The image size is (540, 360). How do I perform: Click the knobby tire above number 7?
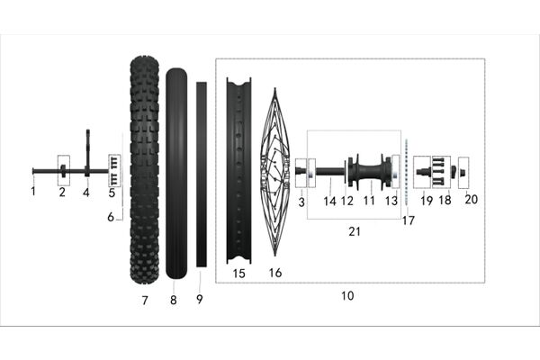(x=144, y=170)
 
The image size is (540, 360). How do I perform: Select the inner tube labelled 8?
(x=176, y=174)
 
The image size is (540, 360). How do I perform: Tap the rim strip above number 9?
(x=202, y=175)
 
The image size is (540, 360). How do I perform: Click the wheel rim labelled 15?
(x=238, y=170)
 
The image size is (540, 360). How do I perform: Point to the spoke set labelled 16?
(x=274, y=172)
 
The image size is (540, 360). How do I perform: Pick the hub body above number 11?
(x=370, y=171)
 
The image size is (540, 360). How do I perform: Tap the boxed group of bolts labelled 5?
(x=114, y=170)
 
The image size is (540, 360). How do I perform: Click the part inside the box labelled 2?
(x=63, y=171)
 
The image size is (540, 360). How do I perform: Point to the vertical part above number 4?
(x=87, y=153)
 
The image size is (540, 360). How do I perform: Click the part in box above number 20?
(x=463, y=171)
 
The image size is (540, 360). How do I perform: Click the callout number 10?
(x=347, y=295)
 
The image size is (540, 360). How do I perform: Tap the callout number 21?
(x=355, y=231)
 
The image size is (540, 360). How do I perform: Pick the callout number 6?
(x=111, y=217)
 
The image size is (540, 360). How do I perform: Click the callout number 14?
(x=329, y=202)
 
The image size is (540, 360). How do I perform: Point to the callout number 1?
(x=33, y=191)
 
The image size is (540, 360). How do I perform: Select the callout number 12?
(x=347, y=201)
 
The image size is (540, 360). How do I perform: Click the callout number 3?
(x=301, y=202)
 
